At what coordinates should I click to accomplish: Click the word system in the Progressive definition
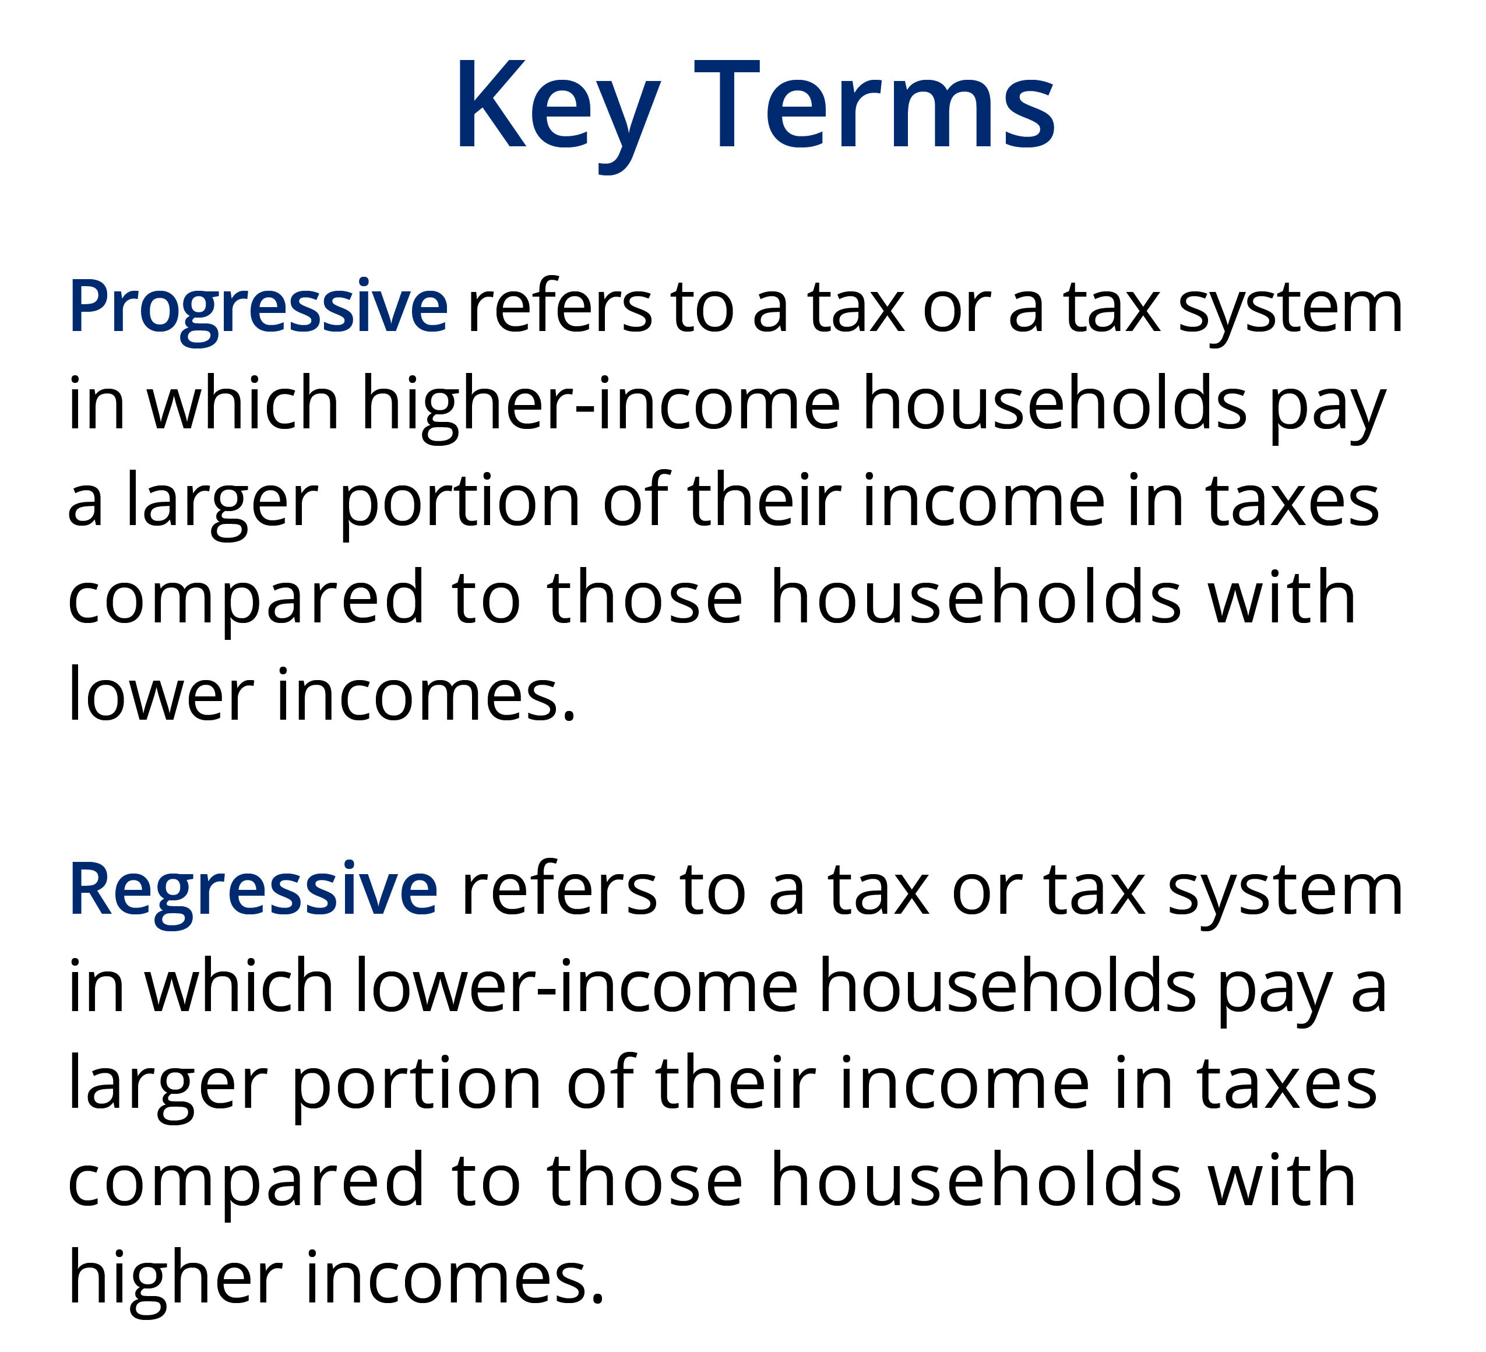1290,308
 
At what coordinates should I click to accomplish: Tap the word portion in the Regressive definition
417,1085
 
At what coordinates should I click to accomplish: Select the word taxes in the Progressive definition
1292,501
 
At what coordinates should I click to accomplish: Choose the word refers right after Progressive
559,308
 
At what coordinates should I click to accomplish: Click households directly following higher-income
1055,404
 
